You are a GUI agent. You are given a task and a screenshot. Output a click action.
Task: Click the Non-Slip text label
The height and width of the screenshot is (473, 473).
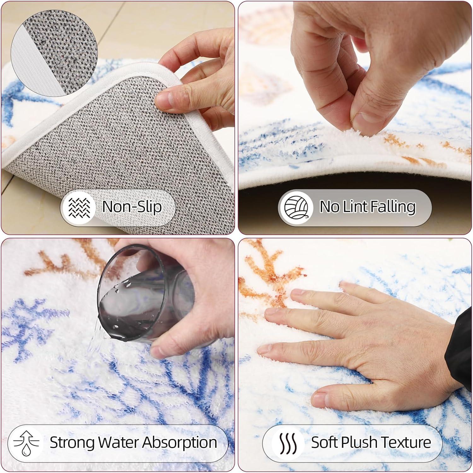click(x=132, y=207)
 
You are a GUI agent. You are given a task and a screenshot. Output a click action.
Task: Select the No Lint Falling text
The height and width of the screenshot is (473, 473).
click(x=368, y=207)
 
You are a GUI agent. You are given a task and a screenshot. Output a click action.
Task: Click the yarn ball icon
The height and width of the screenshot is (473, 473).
click(x=296, y=207)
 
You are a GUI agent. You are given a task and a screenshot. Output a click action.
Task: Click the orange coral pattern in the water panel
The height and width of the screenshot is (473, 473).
click(x=63, y=259)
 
